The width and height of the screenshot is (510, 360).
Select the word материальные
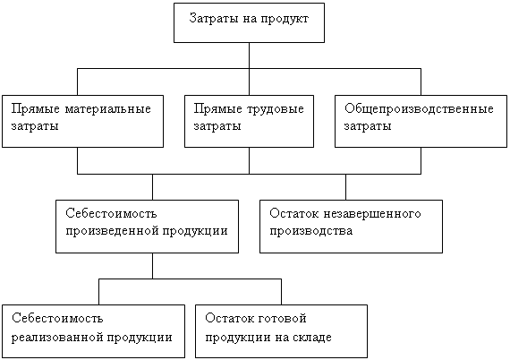click(x=107, y=109)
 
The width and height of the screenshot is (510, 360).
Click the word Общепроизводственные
click(x=419, y=109)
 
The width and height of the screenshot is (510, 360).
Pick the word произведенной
click(x=112, y=231)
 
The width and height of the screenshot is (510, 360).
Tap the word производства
click(x=311, y=231)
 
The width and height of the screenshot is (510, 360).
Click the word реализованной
click(x=57, y=338)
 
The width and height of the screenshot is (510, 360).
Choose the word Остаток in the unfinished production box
click(x=294, y=214)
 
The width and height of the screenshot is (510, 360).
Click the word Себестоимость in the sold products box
click(x=57, y=318)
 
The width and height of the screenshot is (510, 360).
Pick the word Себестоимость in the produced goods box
click(x=111, y=214)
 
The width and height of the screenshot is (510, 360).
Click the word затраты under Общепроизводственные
click(x=368, y=126)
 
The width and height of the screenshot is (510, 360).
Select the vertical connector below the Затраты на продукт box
click(x=249, y=69)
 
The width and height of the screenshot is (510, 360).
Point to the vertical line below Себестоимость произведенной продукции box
click(x=152, y=266)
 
